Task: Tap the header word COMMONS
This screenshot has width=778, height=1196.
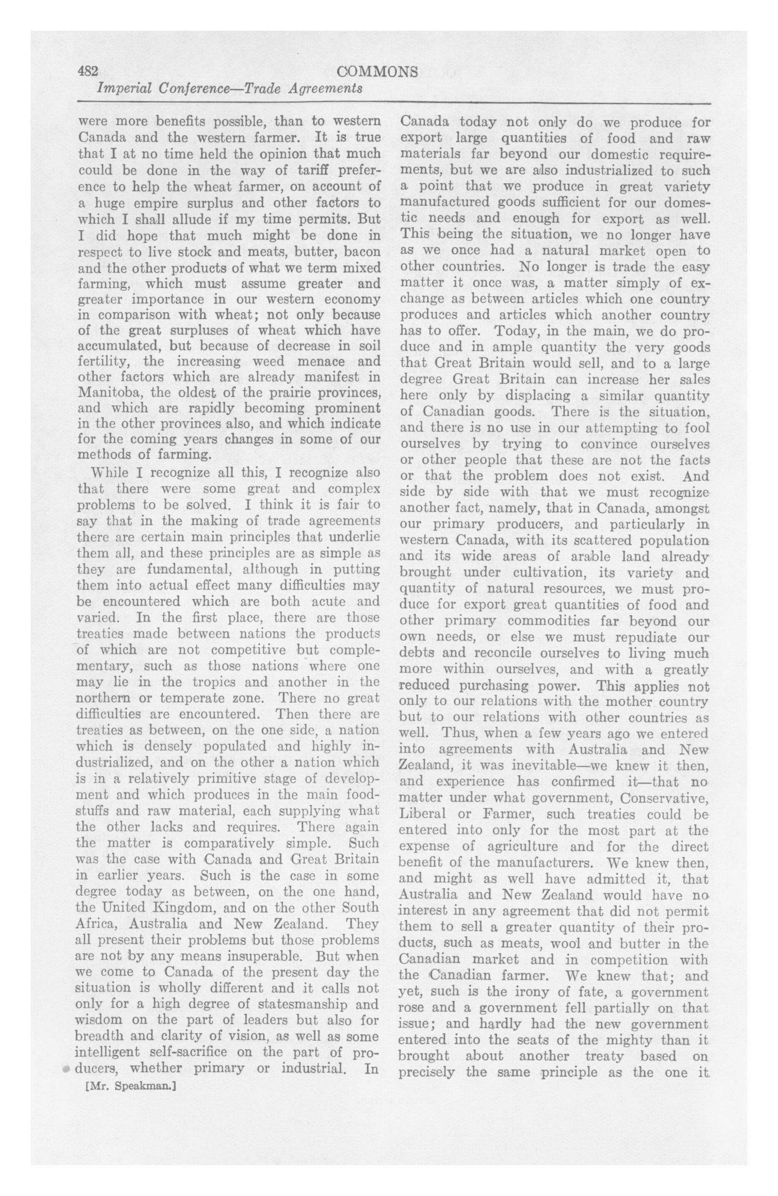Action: (x=377, y=72)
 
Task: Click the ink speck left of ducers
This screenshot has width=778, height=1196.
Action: (x=66, y=1069)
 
